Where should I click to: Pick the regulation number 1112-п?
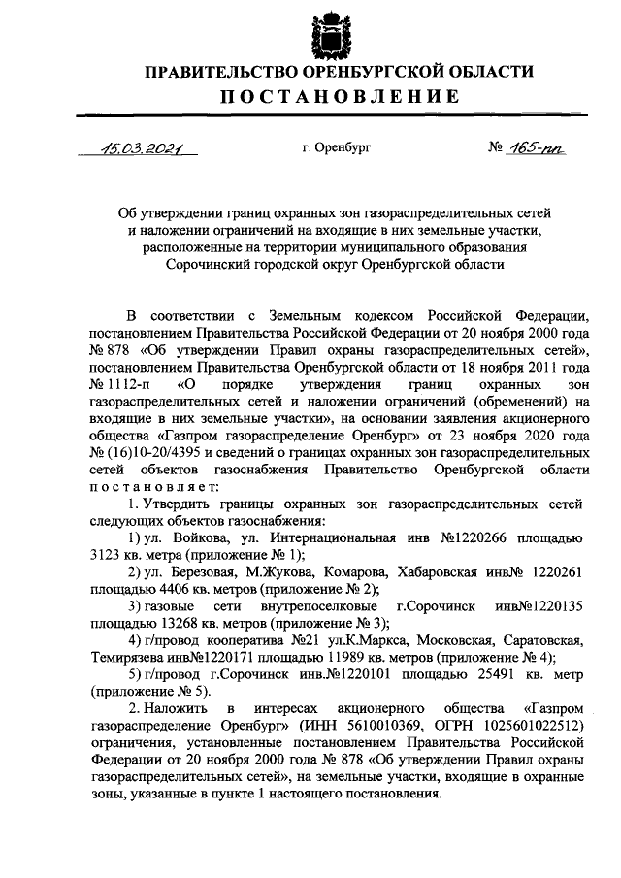pos(119,382)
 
